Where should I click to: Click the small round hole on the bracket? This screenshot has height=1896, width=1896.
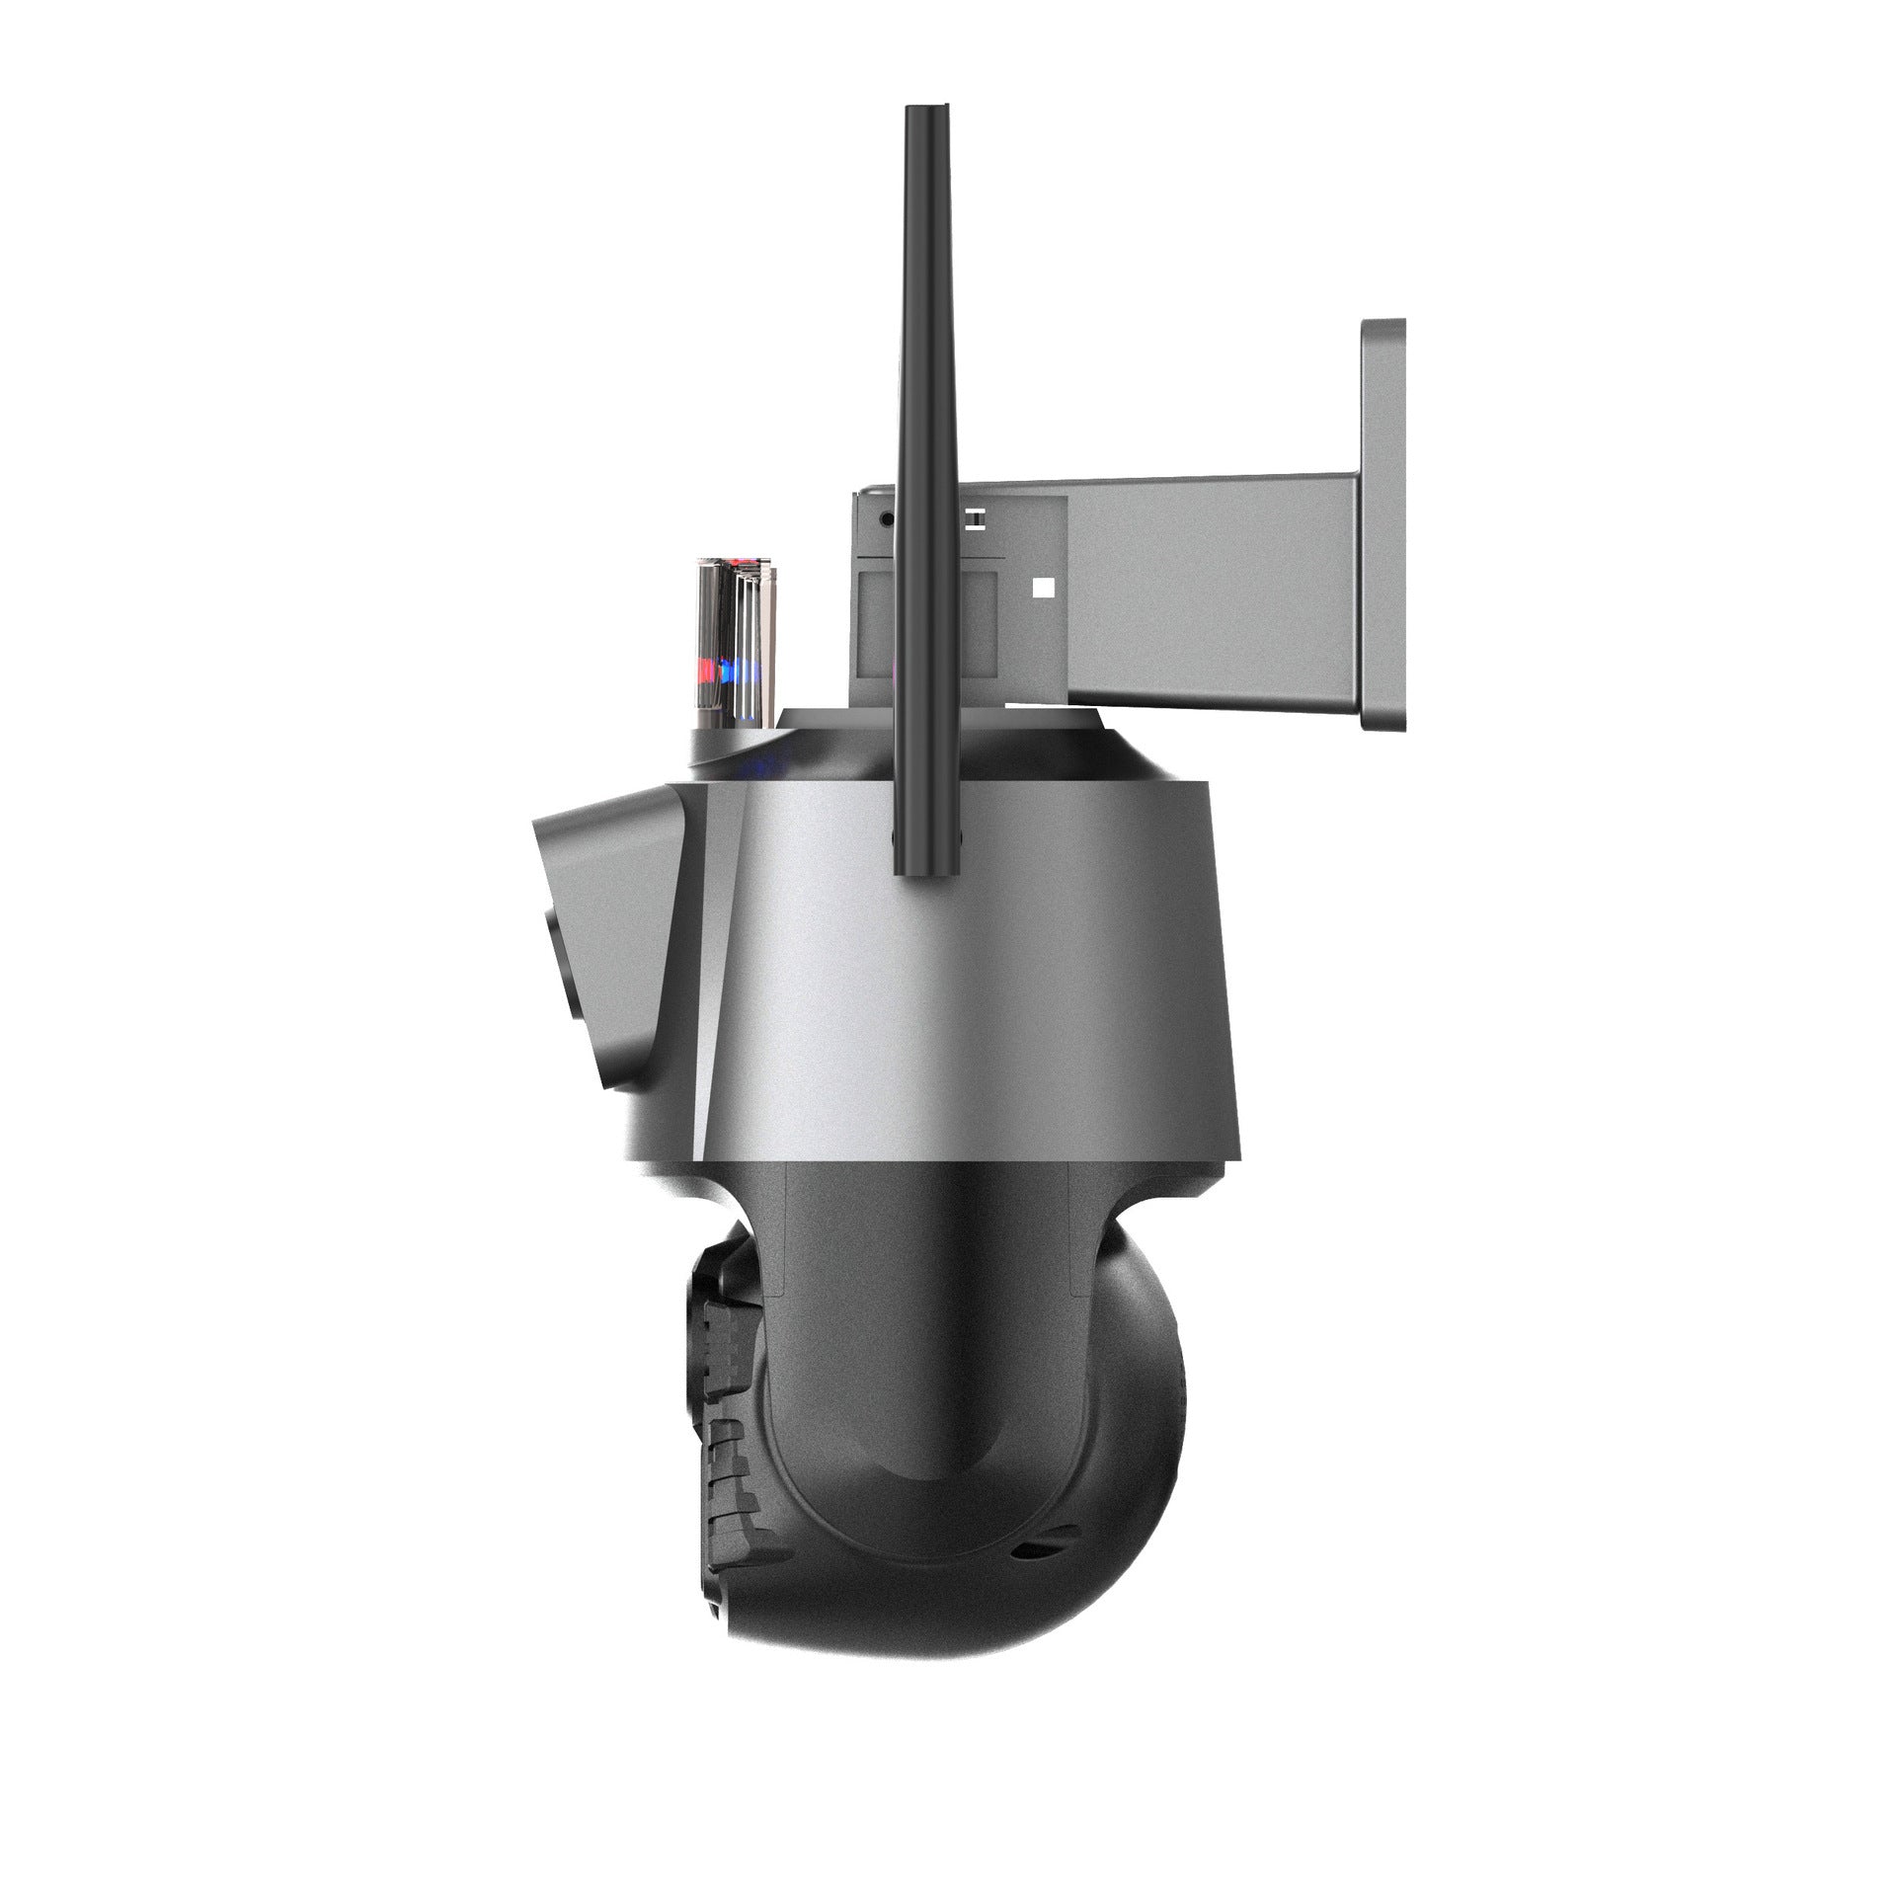coord(886,516)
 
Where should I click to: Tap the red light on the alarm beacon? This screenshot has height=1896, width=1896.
coord(707,672)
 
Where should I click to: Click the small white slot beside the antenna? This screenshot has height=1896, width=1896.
coord(974,516)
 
